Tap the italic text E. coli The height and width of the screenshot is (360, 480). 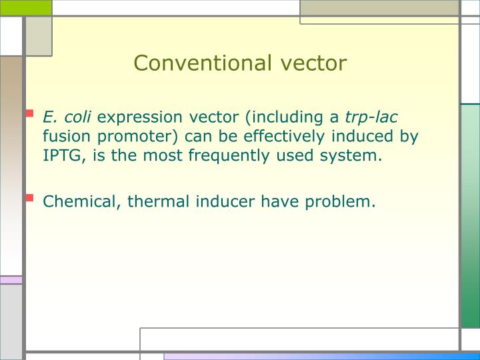click(x=67, y=117)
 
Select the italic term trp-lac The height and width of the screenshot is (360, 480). click(x=371, y=117)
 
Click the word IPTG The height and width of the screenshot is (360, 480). click(x=63, y=157)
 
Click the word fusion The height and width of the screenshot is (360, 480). click(x=65, y=137)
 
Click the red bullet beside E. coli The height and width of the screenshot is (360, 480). click(x=29, y=114)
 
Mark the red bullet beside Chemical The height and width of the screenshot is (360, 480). click(x=29, y=197)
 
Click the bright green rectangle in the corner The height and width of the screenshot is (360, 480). click(x=25, y=7)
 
